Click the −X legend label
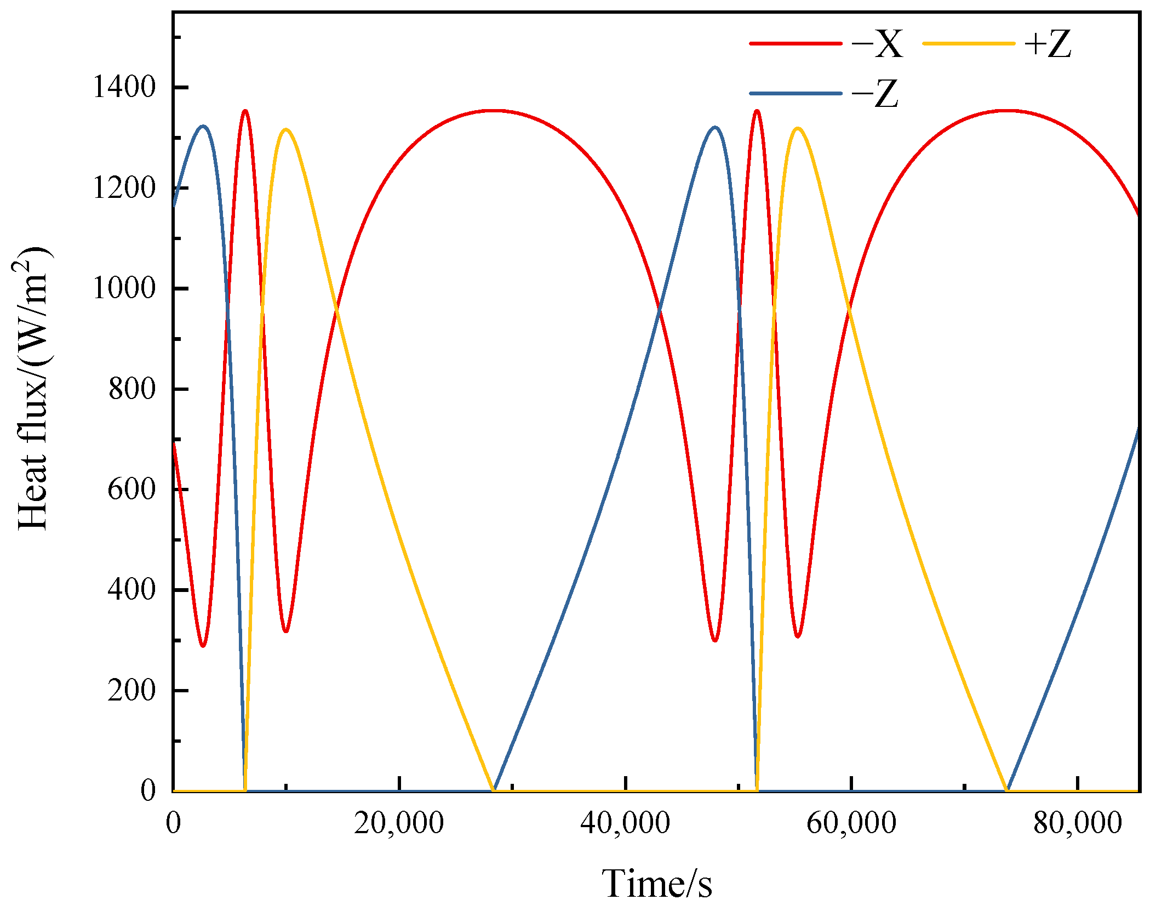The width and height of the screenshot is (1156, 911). click(877, 44)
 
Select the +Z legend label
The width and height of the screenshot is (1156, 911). click(1048, 44)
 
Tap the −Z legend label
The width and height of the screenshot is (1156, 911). click(875, 94)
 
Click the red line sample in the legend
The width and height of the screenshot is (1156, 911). click(796, 43)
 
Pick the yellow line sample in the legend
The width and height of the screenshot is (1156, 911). click(969, 43)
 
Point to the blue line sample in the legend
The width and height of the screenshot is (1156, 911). click(796, 94)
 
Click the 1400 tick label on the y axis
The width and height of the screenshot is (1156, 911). click(125, 87)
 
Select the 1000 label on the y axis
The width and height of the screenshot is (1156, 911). click(125, 288)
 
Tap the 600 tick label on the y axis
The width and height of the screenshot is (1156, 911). click(132, 489)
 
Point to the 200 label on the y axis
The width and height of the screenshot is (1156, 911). click(132, 690)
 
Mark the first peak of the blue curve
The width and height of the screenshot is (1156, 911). click(203, 127)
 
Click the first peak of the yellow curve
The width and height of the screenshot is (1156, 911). click(285, 130)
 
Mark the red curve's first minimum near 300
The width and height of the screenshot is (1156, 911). click(203, 646)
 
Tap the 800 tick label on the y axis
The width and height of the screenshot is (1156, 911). click(132, 389)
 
